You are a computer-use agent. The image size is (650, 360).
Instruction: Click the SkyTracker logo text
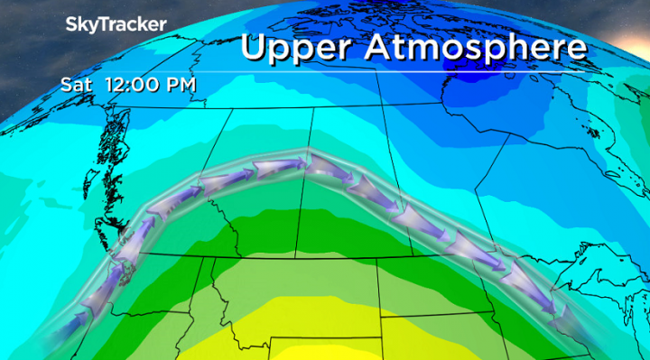(x=116, y=25)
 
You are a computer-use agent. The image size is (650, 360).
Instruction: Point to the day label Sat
(x=75, y=85)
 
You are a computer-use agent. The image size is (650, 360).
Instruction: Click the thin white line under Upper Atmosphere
(x=406, y=71)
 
